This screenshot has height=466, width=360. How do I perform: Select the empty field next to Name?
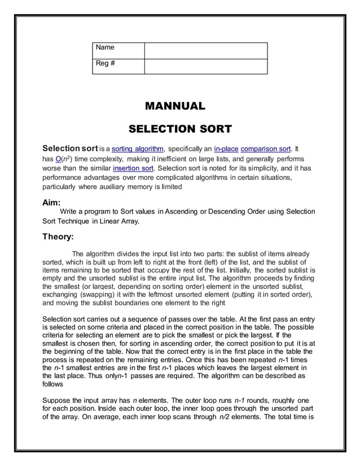205,51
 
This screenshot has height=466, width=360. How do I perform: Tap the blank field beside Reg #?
205,67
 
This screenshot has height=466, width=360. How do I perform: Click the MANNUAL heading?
175,106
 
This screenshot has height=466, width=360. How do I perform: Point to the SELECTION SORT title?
180,129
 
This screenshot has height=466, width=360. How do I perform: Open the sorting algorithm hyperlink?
138,150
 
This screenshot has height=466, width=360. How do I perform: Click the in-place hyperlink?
226,150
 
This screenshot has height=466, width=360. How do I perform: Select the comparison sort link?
265,150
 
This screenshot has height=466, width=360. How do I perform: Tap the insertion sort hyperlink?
133,168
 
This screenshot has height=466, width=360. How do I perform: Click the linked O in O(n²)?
58,159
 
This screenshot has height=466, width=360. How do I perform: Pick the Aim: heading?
52,201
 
